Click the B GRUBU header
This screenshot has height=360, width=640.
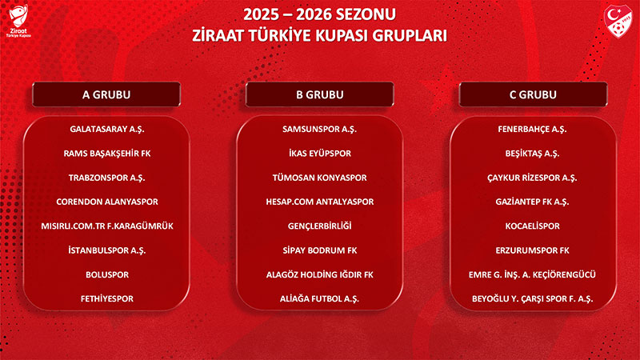(319, 94)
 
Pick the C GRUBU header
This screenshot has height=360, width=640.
(533, 94)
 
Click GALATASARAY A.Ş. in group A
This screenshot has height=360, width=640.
(107, 129)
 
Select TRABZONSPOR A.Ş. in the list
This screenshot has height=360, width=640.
(107, 178)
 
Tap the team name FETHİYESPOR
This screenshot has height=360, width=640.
(107, 299)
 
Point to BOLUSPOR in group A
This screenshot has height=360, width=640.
(107, 274)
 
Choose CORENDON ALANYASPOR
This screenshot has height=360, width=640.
(107, 202)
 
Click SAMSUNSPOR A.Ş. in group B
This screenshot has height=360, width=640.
(320, 129)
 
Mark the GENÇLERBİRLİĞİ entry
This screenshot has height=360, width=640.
(320, 226)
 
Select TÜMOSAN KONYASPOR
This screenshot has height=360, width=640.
(320, 178)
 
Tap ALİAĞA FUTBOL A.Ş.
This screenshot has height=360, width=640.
(320, 299)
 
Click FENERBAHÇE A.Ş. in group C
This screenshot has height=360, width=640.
(533, 129)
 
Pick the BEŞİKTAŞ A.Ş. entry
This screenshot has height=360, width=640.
(533, 153)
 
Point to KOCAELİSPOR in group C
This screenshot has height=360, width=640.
(533, 226)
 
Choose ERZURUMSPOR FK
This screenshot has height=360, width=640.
(533, 250)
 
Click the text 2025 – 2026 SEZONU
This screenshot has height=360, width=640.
(320, 15)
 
